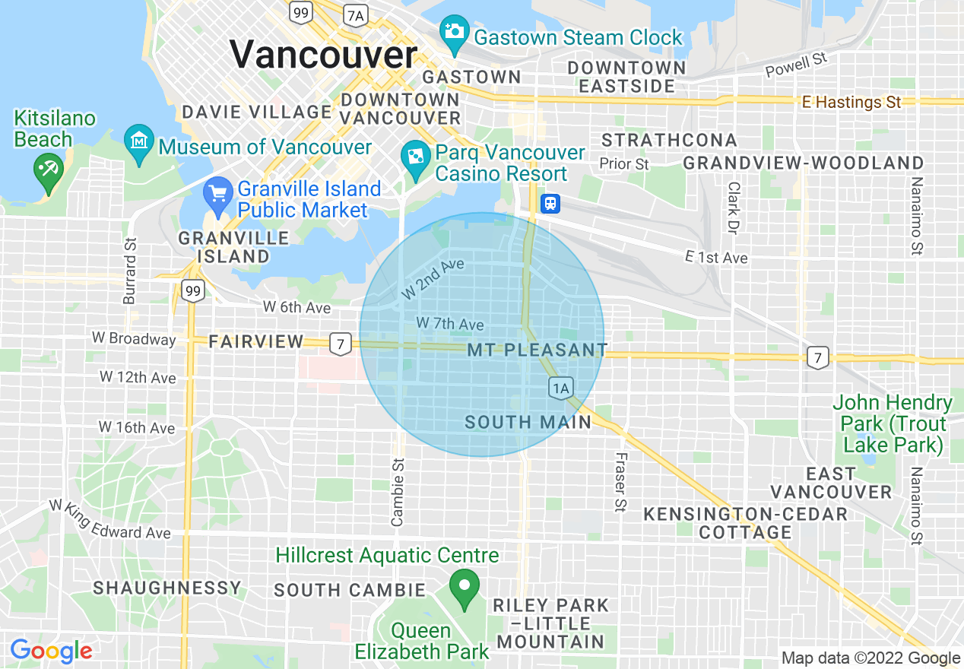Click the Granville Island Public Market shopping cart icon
[x=218, y=194]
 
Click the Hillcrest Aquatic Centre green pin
[x=463, y=588]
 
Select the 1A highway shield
[x=560, y=389]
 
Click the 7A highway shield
[x=355, y=14]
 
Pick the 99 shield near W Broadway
[x=194, y=290]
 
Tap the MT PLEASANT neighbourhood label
[x=537, y=350]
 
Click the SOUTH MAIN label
[x=528, y=422]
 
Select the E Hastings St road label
[x=851, y=102]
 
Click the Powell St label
[x=796, y=66]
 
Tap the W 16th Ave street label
[x=137, y=428]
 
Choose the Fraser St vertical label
[x=620, y=482]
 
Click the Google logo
[x=51, y=651]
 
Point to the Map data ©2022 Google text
[x=870, y=658]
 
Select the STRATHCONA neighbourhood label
[x=669, y=141]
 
